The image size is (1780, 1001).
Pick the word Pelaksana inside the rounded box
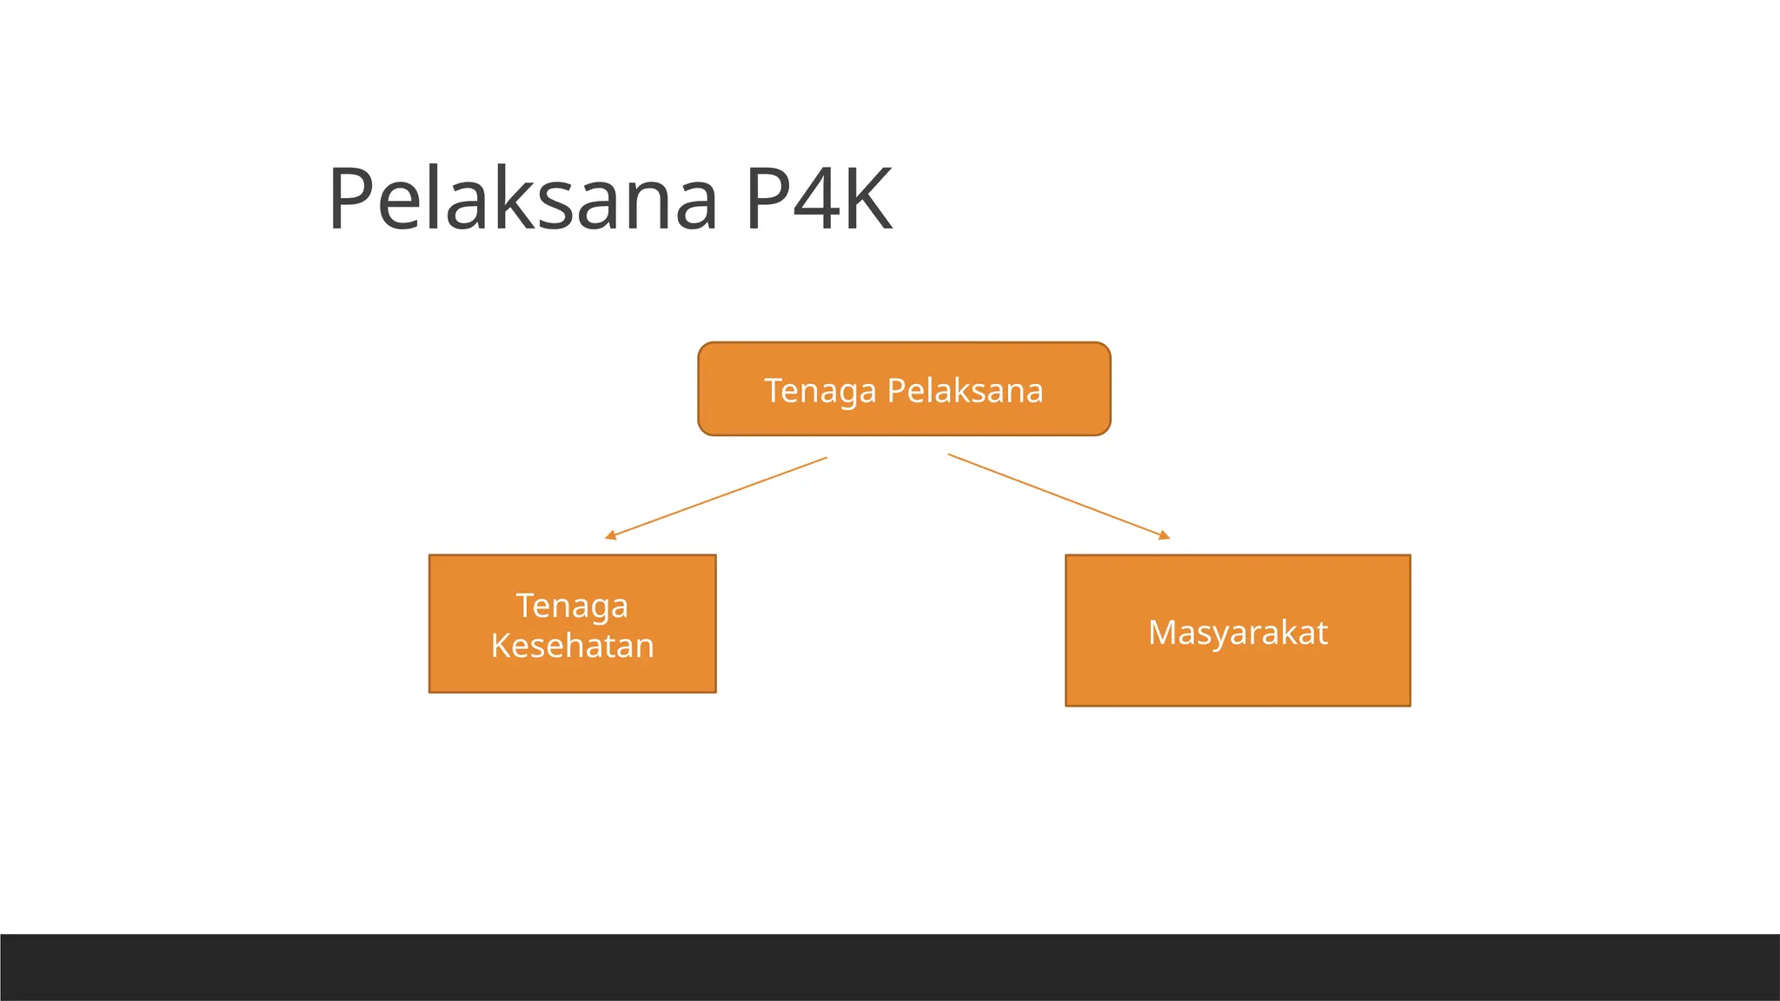coord(965,391)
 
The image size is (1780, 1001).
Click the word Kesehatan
coord(572,646)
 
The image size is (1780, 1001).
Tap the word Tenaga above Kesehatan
coord(572,606)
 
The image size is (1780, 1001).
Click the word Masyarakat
coord(1238,633)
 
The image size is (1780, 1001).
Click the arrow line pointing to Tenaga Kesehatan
coord(717,498)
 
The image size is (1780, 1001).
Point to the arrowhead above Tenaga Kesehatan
coord(610,535)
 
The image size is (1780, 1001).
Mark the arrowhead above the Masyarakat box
coord(1165,535)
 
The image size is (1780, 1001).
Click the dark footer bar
coord(890,967)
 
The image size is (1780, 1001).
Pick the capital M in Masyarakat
coord(1163,633)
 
